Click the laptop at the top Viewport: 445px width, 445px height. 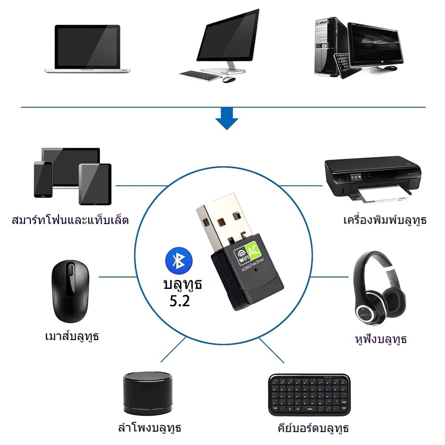tap(88, 49)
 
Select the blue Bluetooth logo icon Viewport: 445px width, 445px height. tap(178, 261)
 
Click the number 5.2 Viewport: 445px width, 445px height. tap(180, 301)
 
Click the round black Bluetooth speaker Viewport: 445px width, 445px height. tap(147, 392)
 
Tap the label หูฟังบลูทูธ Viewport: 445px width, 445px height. tap(381, 340)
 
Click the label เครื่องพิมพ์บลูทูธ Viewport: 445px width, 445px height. tap(385, 220)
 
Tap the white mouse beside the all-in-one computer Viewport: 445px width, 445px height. tap(228, 80)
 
